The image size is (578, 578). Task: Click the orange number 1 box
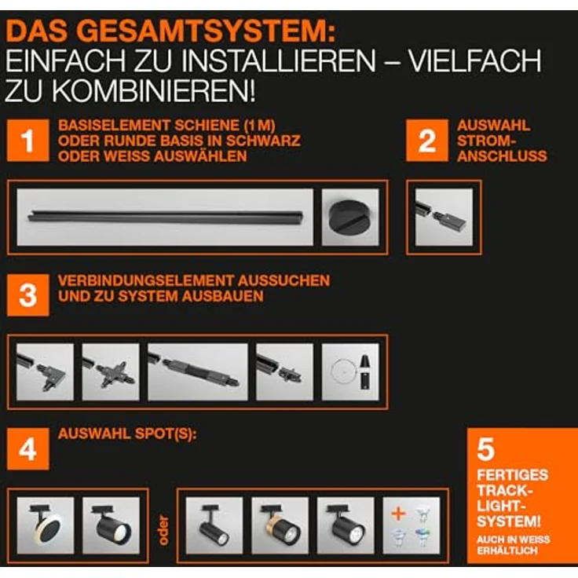coord(28,141)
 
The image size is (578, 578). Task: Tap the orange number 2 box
coord(426,141)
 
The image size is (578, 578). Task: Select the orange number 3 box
coord(28,295)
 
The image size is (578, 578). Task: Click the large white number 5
coord(486,449)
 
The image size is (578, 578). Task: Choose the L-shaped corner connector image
coord(45,371)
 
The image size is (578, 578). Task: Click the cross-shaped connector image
coord(111,371)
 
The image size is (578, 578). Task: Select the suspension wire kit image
coord(350,371)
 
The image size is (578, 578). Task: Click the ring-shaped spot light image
coord(45,525)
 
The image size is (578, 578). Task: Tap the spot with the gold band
coord(280,525)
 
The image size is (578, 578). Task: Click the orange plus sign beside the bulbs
coord(398,514)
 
